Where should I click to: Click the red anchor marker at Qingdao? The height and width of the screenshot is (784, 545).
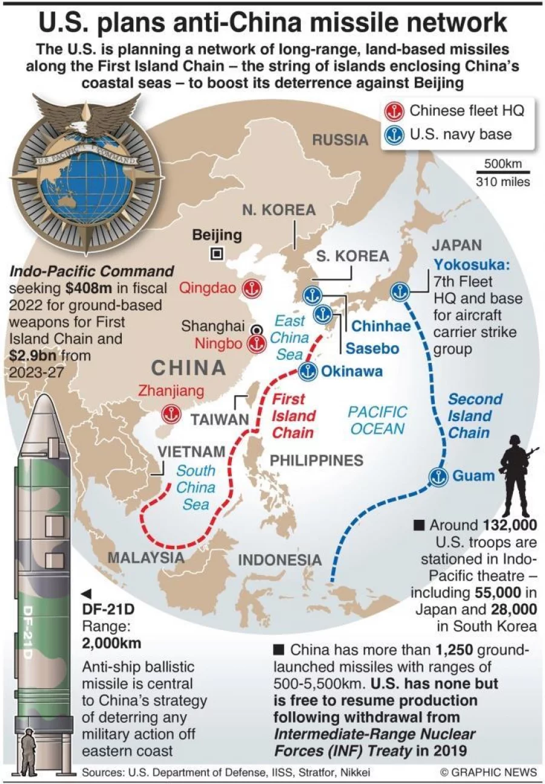[250, 289]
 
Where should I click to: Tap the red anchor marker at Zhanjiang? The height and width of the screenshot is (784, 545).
[171, 414]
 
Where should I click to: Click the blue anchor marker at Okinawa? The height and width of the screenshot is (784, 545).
[308, 371]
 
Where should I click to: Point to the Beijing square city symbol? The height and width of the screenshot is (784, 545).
[216, 254]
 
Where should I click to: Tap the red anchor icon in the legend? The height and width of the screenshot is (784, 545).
[394, 111]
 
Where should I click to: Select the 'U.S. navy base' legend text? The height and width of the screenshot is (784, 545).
[461, 134]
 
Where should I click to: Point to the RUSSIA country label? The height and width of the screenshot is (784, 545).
[340, 140]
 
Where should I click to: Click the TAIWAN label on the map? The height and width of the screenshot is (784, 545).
[220, 419]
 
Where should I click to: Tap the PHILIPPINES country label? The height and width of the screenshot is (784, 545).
[316, 460]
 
